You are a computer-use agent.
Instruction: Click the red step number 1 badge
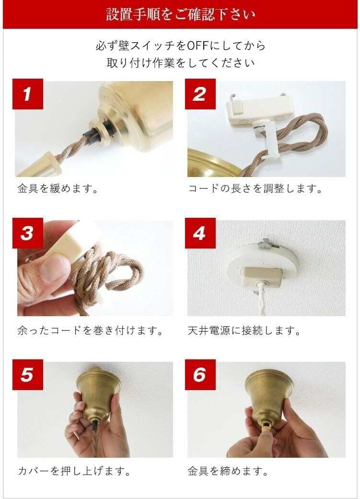pyautogui.click(x=28, y=94)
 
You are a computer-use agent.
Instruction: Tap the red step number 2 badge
pyautogui.click(x=200, y=94)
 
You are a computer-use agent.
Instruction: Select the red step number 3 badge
pyautogui.click(x=28, y=233)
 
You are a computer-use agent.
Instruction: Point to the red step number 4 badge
pyautogui.click(x=200, y=233)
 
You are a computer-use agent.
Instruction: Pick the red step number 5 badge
pyautogui.click(x=28, y=375)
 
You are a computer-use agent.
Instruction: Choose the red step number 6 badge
pyautogui.click(x=200, y=375)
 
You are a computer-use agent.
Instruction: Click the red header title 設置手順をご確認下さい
pyautogui.click(x=181, y=15)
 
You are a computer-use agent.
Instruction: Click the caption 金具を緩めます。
pyautogui.click(x=58, y=189)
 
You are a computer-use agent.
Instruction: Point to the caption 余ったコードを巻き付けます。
pyautogui.click(x=91, y=331)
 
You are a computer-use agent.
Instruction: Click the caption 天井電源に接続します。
pyautogui.click(x=244, y=331)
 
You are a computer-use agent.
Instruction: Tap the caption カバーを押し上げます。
pyautogui.click(x=74, y=471)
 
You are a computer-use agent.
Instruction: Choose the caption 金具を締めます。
pyautogui.click(x=228, y=471)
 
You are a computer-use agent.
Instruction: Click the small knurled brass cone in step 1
pyautogui.click(x=46, y=166)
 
